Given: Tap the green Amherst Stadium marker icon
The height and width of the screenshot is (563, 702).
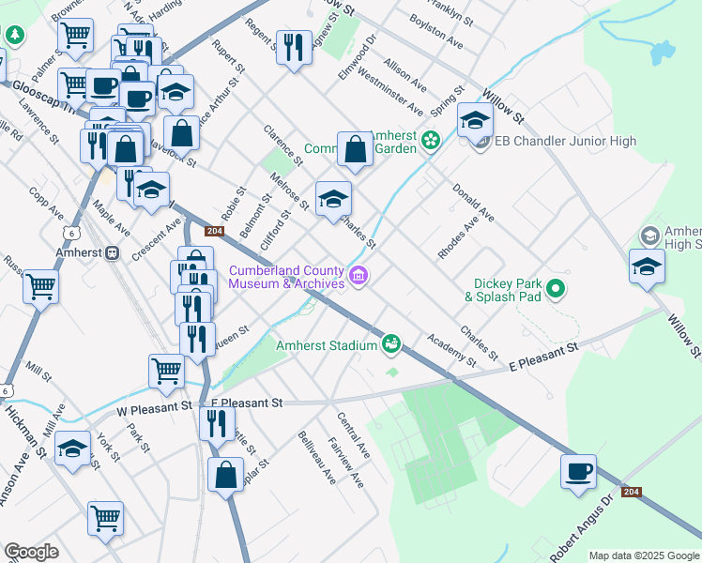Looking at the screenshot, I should pyautogui.click(x=391, y=345).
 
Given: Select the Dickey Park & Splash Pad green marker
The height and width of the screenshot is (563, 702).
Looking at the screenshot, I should pyautogui.click(x=556, y=289).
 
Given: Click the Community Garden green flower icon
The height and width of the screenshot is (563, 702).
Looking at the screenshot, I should pyautogui.click(x=431, y=142).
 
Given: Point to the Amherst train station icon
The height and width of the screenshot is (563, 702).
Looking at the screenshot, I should pyautogui.click(x=113, y=252).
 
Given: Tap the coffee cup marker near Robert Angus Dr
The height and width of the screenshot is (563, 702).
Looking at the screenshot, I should pyautogui.click(x=578, y=471).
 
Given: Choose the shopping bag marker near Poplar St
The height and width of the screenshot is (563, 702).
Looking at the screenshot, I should pyautogui.click(x=227, y=475).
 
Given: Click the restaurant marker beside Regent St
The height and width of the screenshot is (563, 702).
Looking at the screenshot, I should pyautogui.click(x=294, y=47).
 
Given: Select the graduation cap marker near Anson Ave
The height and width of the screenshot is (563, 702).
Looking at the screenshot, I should pyautogui.click(x=73, y=449).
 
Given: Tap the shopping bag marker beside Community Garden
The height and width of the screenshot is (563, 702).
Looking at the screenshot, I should pyautogui.click(x=355, y=149).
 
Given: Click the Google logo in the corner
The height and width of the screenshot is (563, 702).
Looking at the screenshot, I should pyautogui.click(x=31, y=553).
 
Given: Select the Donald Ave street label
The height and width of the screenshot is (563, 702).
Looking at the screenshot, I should pyautogui.click(x=473, y=203).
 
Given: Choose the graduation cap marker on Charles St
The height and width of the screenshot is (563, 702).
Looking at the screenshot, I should pyautogui.click(x=333, y=199).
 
